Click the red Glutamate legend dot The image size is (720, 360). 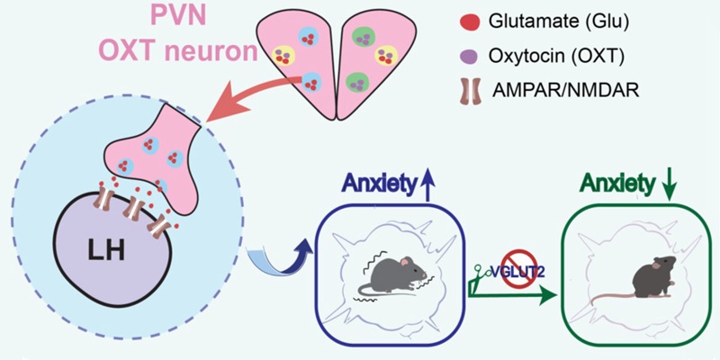click(x=470, y=21)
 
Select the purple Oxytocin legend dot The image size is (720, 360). click(x=470, y=56)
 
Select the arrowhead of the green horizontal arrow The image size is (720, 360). click(x=545, y=295)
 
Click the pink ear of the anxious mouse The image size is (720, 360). click(x=404, y=262)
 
